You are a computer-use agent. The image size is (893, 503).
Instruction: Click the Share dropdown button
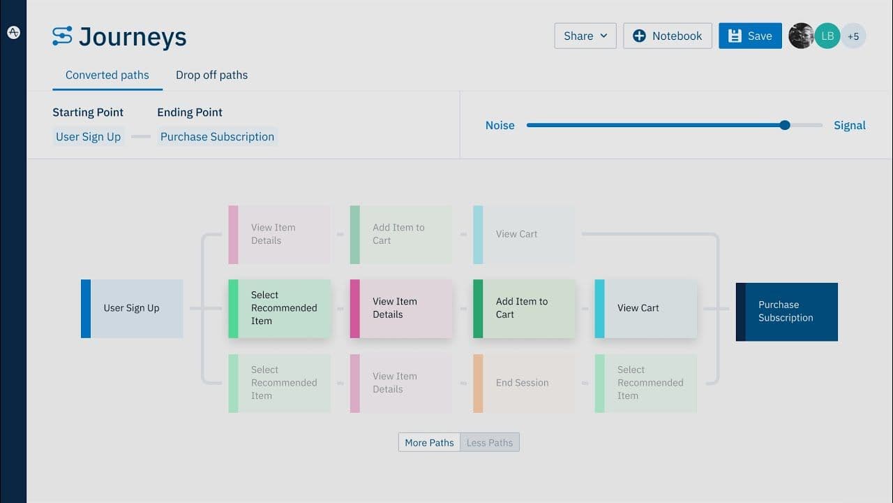[x=585, y=36]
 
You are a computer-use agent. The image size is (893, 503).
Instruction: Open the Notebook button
[x=667, y=36]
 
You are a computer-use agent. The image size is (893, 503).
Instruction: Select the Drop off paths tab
[x=211, y=75]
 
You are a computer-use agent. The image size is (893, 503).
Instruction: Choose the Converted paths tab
[x=107, y=75]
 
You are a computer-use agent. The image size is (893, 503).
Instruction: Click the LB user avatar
[x=827, y=36]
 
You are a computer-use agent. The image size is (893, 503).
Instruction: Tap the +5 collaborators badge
[x=853, y=36]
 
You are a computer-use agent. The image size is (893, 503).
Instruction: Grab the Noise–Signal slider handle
[x=785, y=125]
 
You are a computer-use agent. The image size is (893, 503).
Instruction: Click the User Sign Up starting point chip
[x=89, y=137]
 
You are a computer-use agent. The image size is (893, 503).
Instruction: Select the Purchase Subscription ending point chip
[x=217, y=137]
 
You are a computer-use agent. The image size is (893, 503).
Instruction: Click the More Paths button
[x=429, y=442]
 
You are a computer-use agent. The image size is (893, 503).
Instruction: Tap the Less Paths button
[x=490, y=442]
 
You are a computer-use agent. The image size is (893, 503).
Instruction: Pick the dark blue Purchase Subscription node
[x=786, y=312]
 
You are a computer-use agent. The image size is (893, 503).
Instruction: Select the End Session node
[x=523, y=383]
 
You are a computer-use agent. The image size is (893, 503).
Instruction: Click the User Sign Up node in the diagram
[x=132, y=308]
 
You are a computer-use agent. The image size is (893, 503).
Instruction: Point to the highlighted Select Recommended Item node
[x=280, y=308]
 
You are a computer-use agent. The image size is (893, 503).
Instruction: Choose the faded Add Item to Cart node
[x=400, y=234]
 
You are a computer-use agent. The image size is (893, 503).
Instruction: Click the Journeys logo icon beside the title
[x=62, y=36]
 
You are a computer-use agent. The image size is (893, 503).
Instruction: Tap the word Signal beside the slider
[x=849, y=126]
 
